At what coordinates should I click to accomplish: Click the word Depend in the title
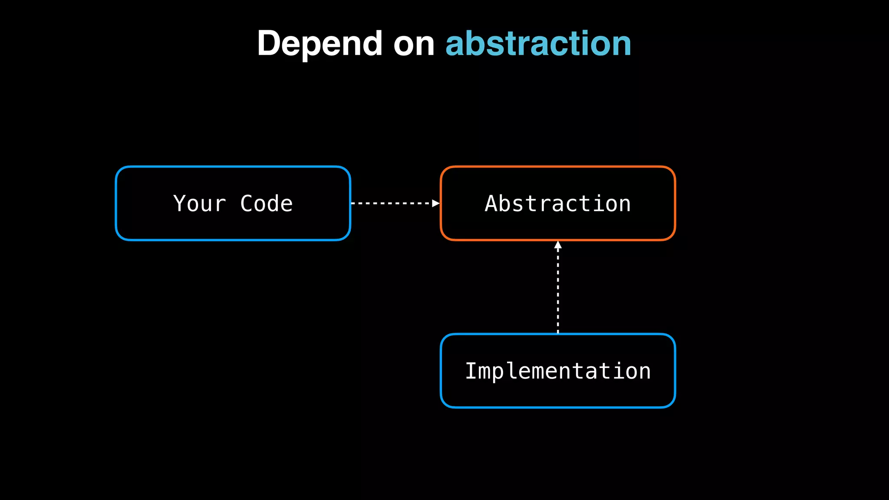pyautogui.click(x=319, y=44)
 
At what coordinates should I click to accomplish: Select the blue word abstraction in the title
pyautogui.click(x=538, y=44)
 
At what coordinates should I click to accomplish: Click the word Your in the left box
pyautogui.click(x=200, y=204)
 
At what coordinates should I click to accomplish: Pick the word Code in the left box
pyautogui.click(x=267, y=204)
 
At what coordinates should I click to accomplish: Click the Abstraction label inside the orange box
pyautogui.click(x=558, y=204)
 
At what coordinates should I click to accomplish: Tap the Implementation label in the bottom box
pyautogui.click(x=558, y=371)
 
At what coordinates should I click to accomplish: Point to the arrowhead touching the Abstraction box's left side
pyautogui.click(x=436, y=203)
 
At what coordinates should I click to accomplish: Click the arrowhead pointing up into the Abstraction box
pyautogui.click(x=558, y=245)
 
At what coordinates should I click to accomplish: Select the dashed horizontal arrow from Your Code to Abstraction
pyautogui.click(x=391, y=203)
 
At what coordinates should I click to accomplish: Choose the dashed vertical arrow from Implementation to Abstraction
pyautogui.click(x=558, y=291)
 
